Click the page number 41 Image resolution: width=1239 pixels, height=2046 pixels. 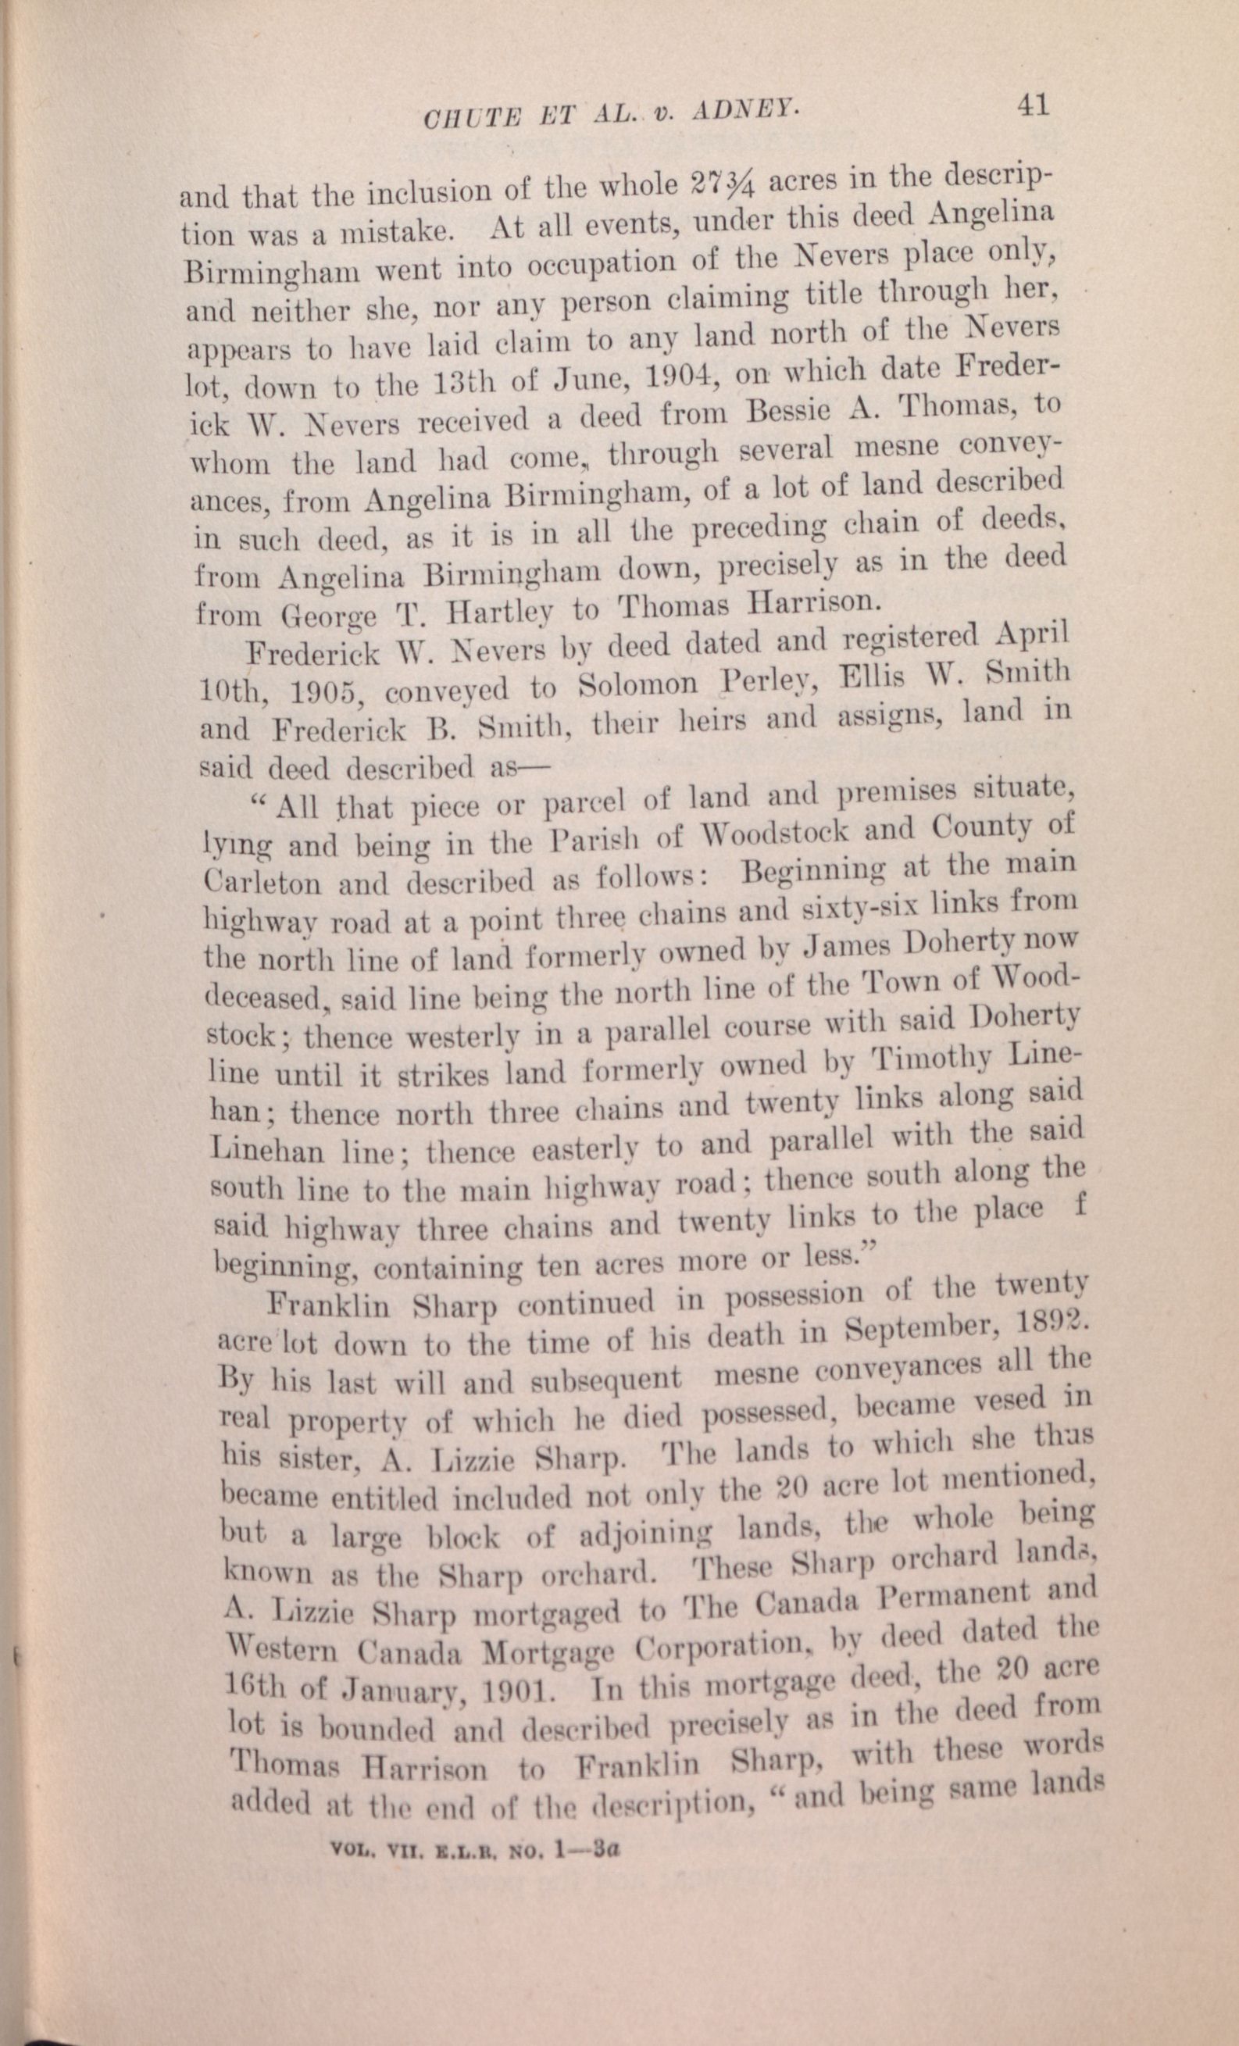[x=1031, y=105]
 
